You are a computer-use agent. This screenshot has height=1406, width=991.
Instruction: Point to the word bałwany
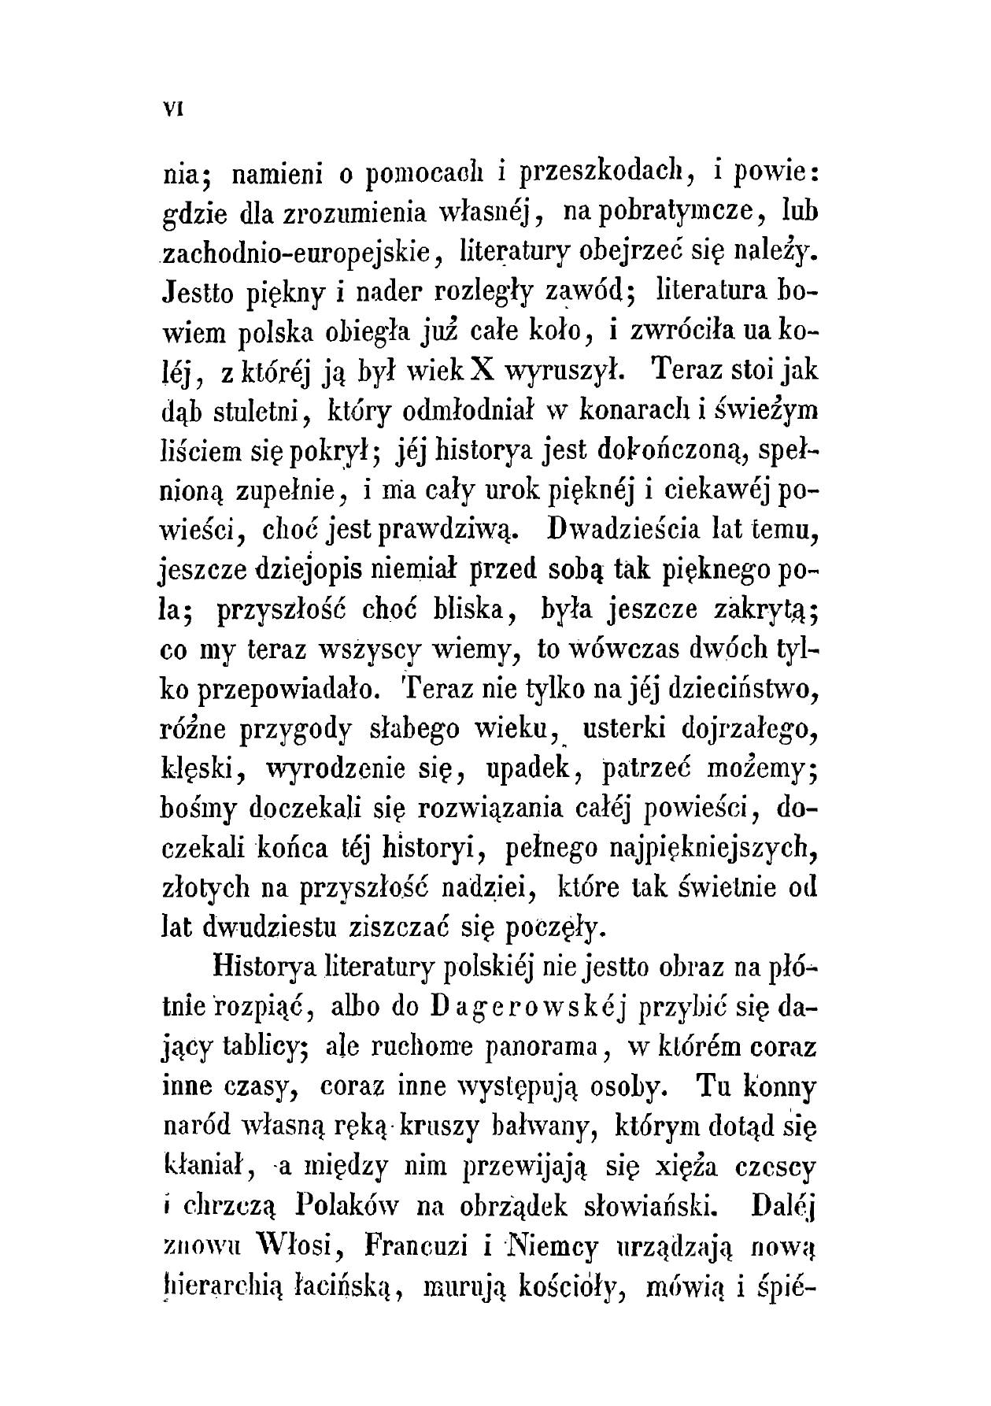(546, 1128)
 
